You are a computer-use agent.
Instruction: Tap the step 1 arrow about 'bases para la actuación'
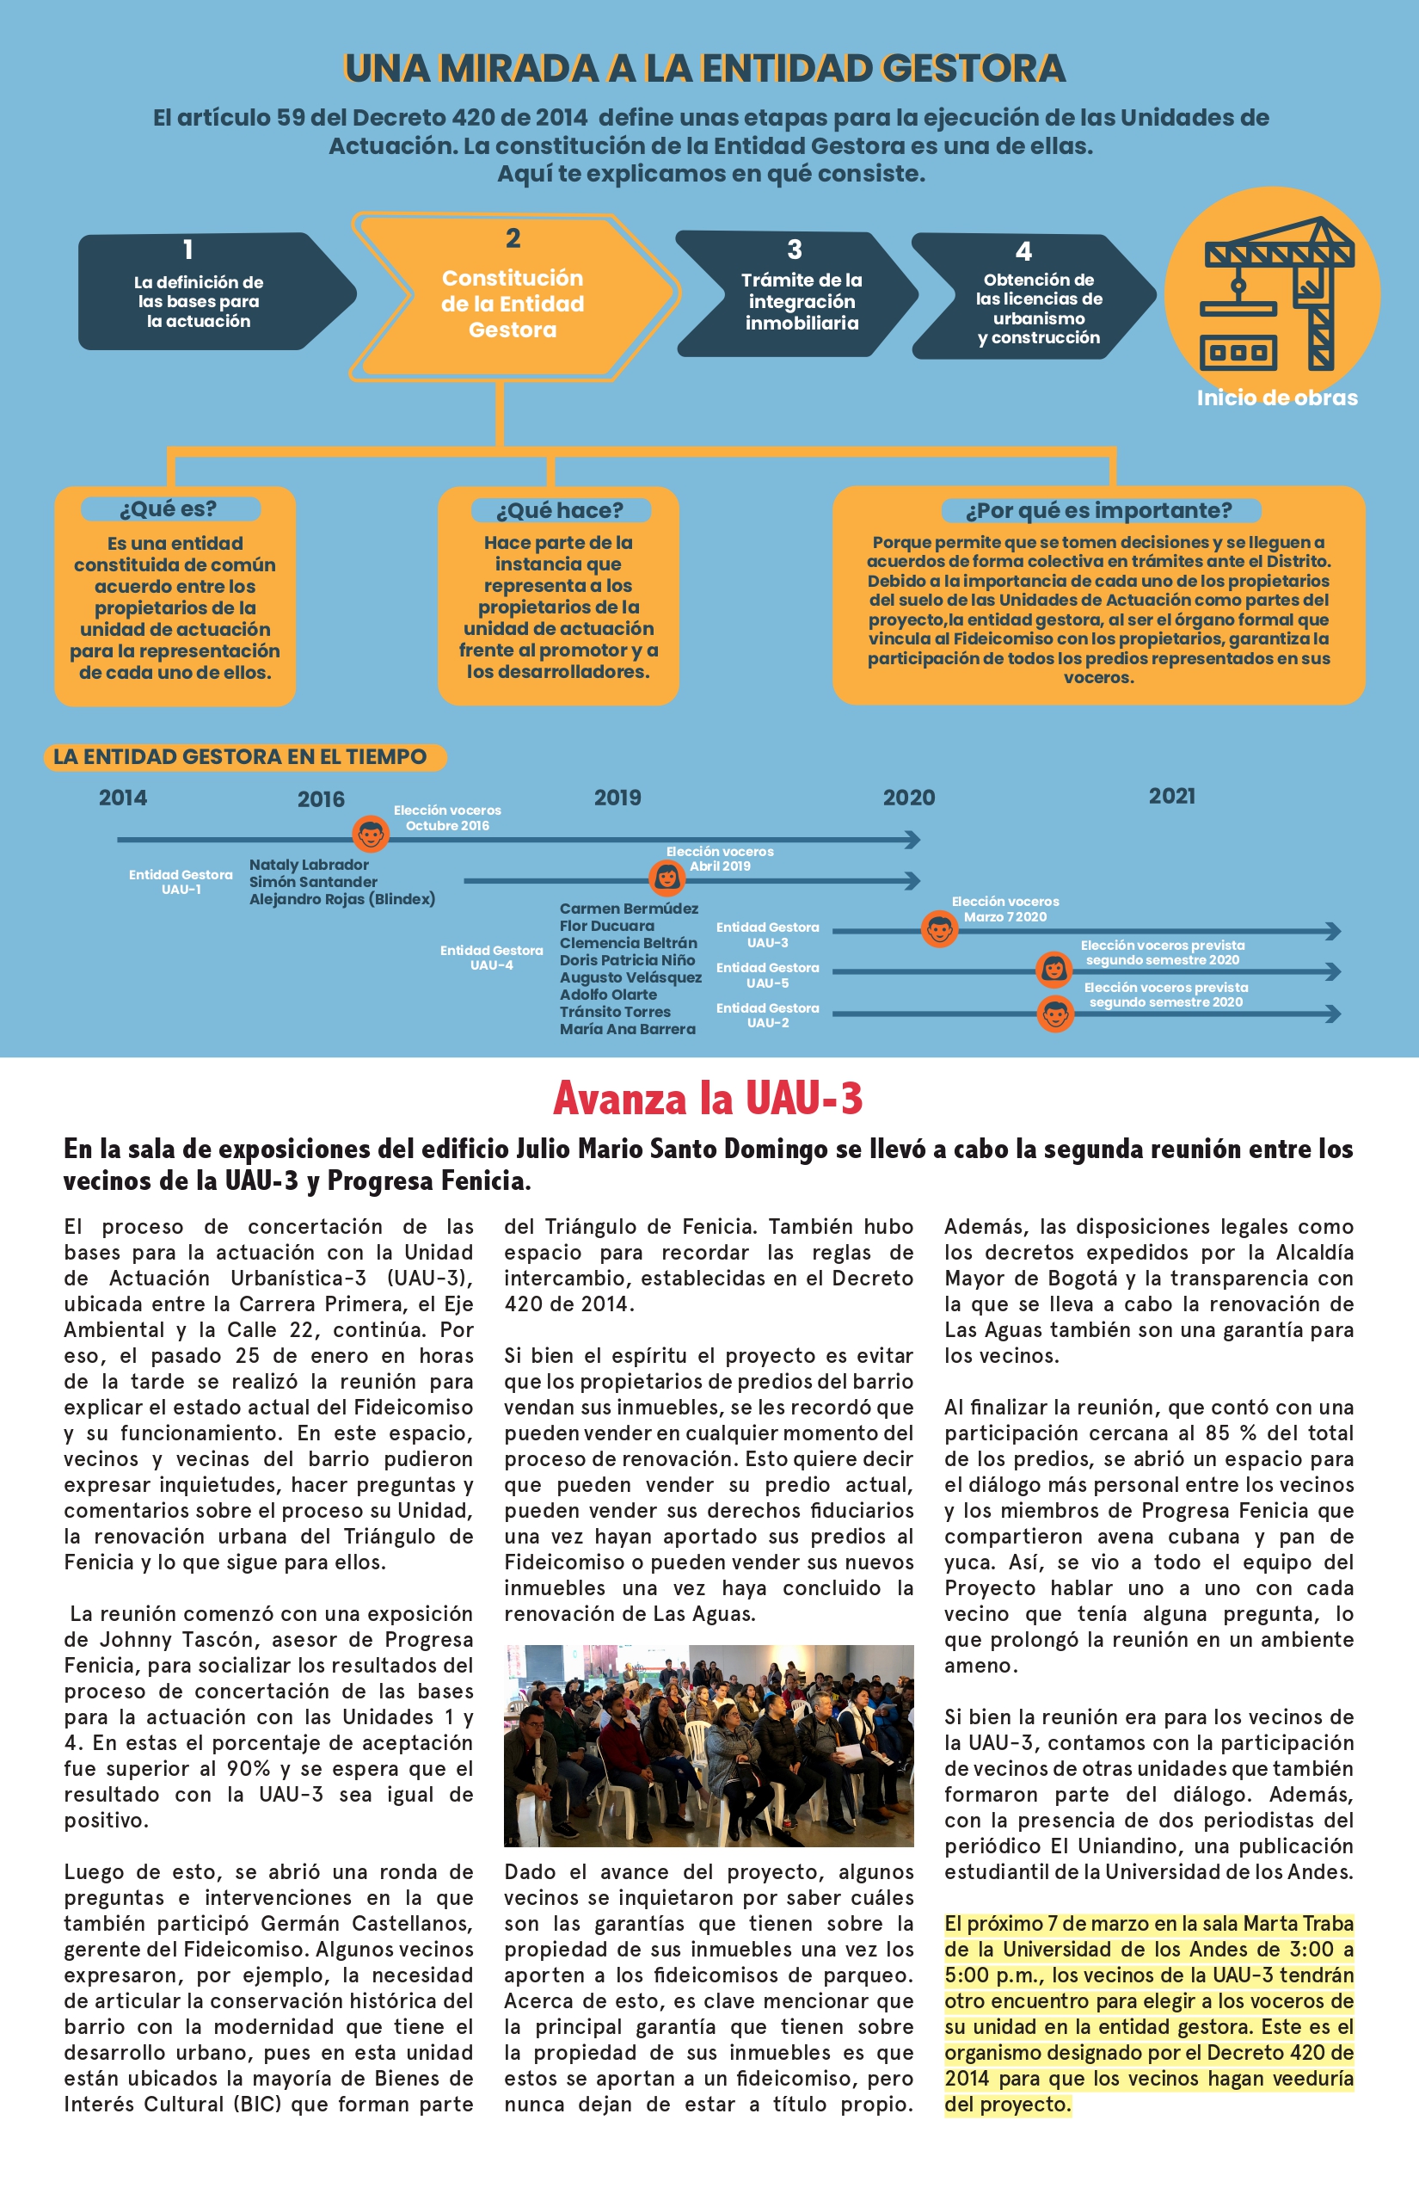coord(207,293)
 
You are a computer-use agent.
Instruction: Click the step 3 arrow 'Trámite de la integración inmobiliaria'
coord(796,294)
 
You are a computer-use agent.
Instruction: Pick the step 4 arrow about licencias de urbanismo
coord(1032,296)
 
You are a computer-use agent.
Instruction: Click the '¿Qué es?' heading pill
coord(169,508)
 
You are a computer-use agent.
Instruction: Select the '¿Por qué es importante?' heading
coord(1098,511)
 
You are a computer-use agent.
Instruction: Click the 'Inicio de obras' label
coord(1276,398)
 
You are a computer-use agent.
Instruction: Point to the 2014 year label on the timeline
coord(122,798)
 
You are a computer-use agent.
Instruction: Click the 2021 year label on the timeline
coord(1171,797)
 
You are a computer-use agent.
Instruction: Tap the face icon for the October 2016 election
coord(371,835)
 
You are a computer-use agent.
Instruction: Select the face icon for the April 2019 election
coord(666,878)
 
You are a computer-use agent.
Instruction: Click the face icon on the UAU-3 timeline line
coord(939,929)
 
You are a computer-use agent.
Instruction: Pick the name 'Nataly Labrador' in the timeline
coord(309,865)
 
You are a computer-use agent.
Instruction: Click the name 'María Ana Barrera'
coord(628,1029)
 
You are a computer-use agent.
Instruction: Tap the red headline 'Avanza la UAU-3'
coord(708,1098)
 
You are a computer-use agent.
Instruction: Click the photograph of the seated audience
coord(709,1745)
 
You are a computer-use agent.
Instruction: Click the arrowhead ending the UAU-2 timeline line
coord(1332,1014)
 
